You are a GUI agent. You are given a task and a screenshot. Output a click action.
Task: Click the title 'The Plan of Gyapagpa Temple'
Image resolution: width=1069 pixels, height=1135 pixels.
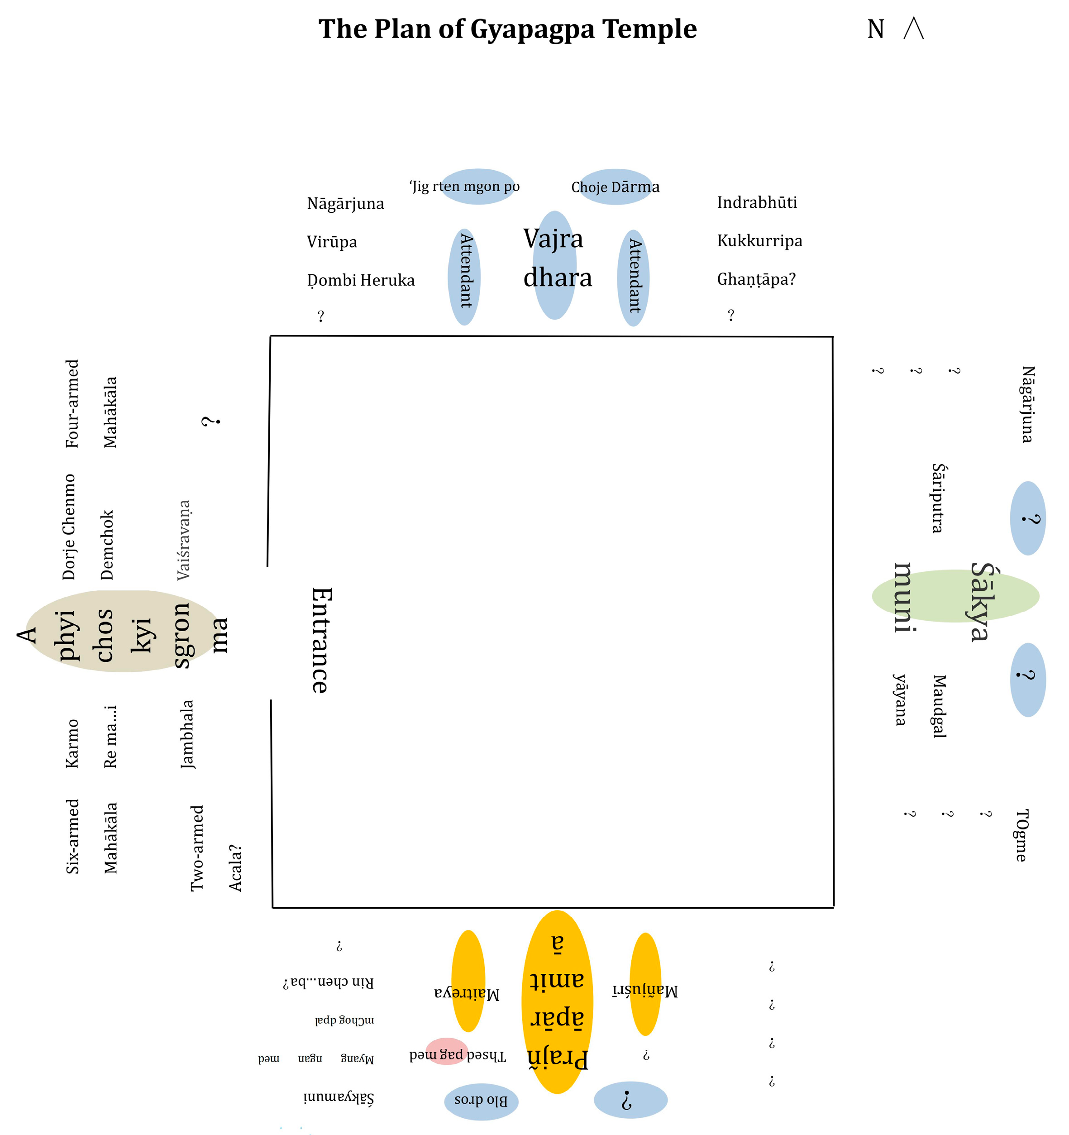pyautogui.click(x=507, y=29)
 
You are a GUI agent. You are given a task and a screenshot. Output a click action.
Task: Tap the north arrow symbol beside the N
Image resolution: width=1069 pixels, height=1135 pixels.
pyautogui.click(x=913, y=29)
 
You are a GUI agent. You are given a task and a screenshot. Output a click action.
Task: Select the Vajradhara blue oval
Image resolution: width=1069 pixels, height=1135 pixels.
pyautogui.click(x=554, y=265)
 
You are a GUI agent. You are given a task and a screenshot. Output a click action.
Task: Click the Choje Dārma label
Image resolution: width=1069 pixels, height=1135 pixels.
pyautogui.click(x=615, y=187)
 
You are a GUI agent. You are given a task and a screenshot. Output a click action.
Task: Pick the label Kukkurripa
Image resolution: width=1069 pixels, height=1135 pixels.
pyautogui.click(x=759, y=241)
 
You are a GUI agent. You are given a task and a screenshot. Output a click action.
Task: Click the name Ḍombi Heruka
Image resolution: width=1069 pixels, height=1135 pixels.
pyautogui.click(x=361, y=280)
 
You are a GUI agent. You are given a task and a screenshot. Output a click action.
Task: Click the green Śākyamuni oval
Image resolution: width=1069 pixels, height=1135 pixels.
pyautogui.click(x=955, y=595)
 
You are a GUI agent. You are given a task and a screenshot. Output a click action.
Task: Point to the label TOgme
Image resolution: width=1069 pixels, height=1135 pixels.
pyautogui.click(x=1021, y=835)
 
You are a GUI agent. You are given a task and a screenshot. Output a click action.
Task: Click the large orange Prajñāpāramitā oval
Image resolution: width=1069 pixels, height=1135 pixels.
pyautogui.click(x=557, y=1002)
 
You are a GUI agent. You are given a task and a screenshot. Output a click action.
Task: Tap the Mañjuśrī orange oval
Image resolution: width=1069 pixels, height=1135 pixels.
pyautogui.click(x=645, y=991)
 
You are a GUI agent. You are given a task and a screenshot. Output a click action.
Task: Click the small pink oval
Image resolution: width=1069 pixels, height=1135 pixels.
pyautogui.click(x=446, y=1051)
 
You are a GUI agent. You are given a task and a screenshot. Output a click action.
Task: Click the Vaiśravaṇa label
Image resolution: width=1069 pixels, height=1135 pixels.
pyautogui.click(x=184, y=540)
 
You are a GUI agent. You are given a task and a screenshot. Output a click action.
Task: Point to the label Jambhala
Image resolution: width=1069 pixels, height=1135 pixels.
pyautogui.click(x=187, y=734)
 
